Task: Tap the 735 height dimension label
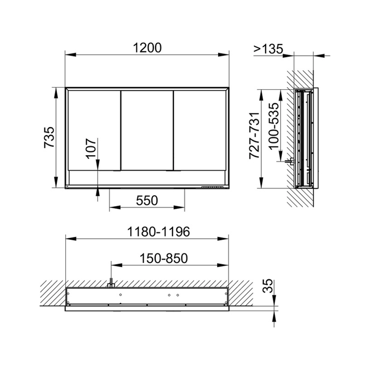49,138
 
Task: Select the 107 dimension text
91,148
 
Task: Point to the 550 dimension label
147,200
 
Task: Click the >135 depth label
268,49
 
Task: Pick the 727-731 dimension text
254,136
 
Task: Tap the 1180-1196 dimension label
158,232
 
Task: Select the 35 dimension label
267,286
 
